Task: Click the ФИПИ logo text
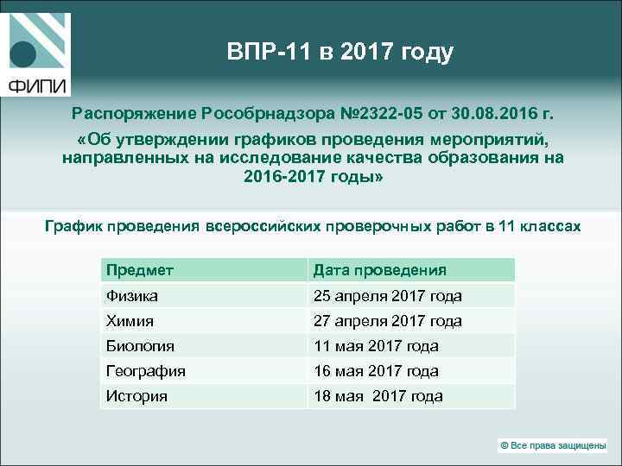[x=38, y=85]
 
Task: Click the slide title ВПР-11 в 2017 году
[x=340, y=53]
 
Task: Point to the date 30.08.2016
[x=501, y=113]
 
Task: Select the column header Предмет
[x=140, y=270]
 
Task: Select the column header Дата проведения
[x=380, y=270]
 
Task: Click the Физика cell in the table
[x=132, y=296]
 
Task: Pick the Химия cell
[x=130, y=321]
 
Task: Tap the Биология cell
[x=141, y=346]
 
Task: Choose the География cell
[x=146, y=371]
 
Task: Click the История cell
[x=136, y=396]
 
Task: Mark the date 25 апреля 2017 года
[x=387, y=296]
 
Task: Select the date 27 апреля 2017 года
[x=387, y=321]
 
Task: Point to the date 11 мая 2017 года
[x=376, y=346]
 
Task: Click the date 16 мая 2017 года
[x=376, y=371]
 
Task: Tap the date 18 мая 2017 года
[x=378, y=396]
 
